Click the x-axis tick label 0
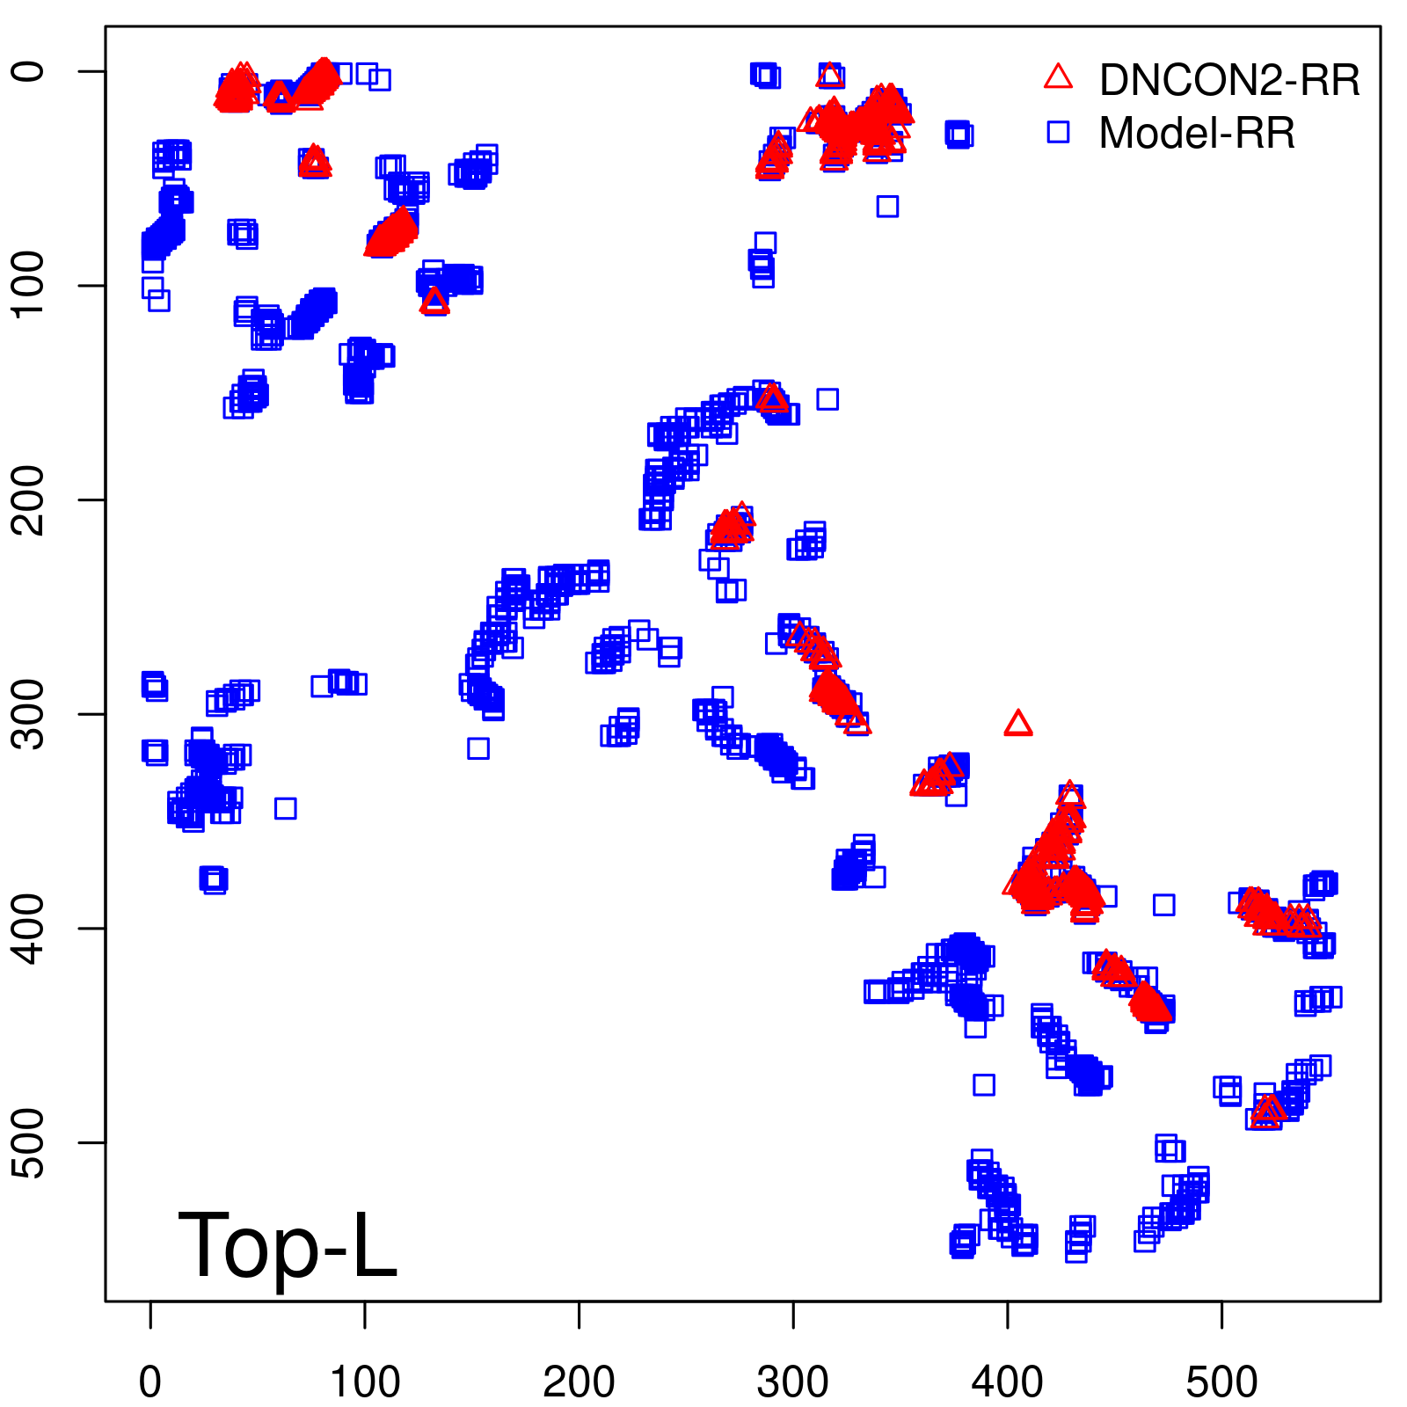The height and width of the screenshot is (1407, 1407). pyautogui.click(x=150, y=1382)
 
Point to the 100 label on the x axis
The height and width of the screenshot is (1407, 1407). pyautogui.click(x=365, y=1382)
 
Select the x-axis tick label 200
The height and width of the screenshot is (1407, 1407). pyautogui.click(x=579, y=1382)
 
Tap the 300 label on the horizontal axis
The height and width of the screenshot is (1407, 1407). pyautogui.click(x=793, y=1382)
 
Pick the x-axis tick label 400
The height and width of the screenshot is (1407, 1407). pyautogui.click(x=1008, y=1382)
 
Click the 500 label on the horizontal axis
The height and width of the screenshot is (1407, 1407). pyautogui.click(x=1221, y=1382)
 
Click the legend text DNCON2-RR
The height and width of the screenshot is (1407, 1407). pyautogui.click(x=1229, y=80)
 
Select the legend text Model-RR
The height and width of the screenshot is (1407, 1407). pyautogui.click(x=1197, y=134)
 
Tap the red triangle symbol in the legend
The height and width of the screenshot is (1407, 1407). pyautogui.click(x=1058, y=77)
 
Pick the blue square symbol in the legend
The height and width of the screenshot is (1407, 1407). pyautogui.click(x=1058, y=132)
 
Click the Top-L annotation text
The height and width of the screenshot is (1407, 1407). pyautogui.click(x=287, y=1245)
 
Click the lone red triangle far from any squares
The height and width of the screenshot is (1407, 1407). pyautogui.click(x=1017, y=724)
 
